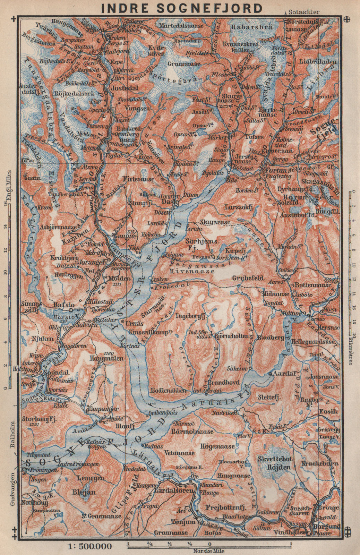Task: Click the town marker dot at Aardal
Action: pyautogui.click(x=271, y=374)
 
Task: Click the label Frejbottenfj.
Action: pyautogui.click(x=226, y=507)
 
